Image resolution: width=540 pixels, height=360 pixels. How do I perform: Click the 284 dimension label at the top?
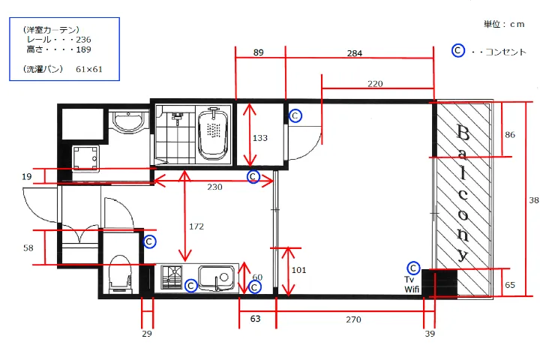354,53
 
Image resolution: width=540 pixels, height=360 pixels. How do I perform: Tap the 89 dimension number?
258,52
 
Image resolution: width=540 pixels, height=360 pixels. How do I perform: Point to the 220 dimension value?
375,84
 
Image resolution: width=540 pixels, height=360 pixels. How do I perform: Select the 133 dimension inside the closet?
260,138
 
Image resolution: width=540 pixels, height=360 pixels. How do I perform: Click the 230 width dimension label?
214,187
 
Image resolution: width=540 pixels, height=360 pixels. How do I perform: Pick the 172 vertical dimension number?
196,226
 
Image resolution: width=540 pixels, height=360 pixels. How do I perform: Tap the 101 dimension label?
299,270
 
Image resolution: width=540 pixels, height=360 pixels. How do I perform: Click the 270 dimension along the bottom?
354,319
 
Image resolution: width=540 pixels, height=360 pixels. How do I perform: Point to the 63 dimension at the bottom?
255,319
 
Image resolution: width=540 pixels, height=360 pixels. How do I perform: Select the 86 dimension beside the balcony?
510,135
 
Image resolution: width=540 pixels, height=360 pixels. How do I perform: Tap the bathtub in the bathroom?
214,133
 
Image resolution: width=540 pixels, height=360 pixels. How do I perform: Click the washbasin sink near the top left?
128,121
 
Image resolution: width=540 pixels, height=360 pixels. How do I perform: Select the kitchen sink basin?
216,277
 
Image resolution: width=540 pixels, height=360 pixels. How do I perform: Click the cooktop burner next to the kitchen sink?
172,277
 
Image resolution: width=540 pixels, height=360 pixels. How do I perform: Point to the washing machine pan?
85,158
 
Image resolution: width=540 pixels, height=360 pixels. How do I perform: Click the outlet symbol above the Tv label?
413,268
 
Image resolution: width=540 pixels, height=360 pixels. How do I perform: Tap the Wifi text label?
412,289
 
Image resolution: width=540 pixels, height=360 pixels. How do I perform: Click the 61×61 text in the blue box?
89,69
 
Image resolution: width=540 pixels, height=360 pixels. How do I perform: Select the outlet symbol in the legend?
458,51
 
